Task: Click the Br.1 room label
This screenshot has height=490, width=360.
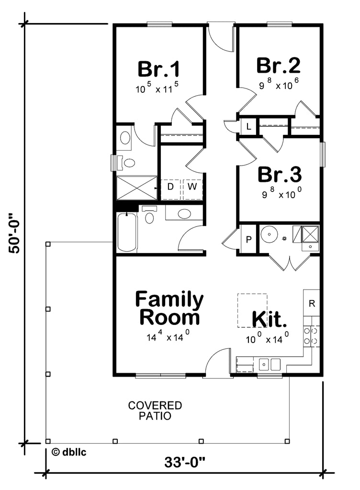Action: tap(159, 69)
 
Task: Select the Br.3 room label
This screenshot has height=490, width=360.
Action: tap(280, 175)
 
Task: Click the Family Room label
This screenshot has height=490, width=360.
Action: tap(169, 309)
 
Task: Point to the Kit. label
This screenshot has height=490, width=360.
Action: tap(270, 318)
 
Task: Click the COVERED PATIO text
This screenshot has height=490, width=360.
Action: tap(155, 411)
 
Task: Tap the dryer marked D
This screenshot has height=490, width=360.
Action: tap(170, 185)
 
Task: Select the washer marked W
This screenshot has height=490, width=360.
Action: tap(192, 185)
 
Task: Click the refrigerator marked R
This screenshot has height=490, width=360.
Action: tap(312, 303)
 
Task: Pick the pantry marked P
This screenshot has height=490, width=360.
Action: tap(248, 239)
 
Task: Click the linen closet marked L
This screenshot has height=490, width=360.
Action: tap(249, 126)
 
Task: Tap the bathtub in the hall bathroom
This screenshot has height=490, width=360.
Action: tap(127, 232)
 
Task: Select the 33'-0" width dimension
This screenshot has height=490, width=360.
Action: tap(185, 463)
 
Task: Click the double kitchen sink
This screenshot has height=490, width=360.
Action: tap(270, 365)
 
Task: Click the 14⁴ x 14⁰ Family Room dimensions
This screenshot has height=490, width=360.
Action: tap(169, 336)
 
